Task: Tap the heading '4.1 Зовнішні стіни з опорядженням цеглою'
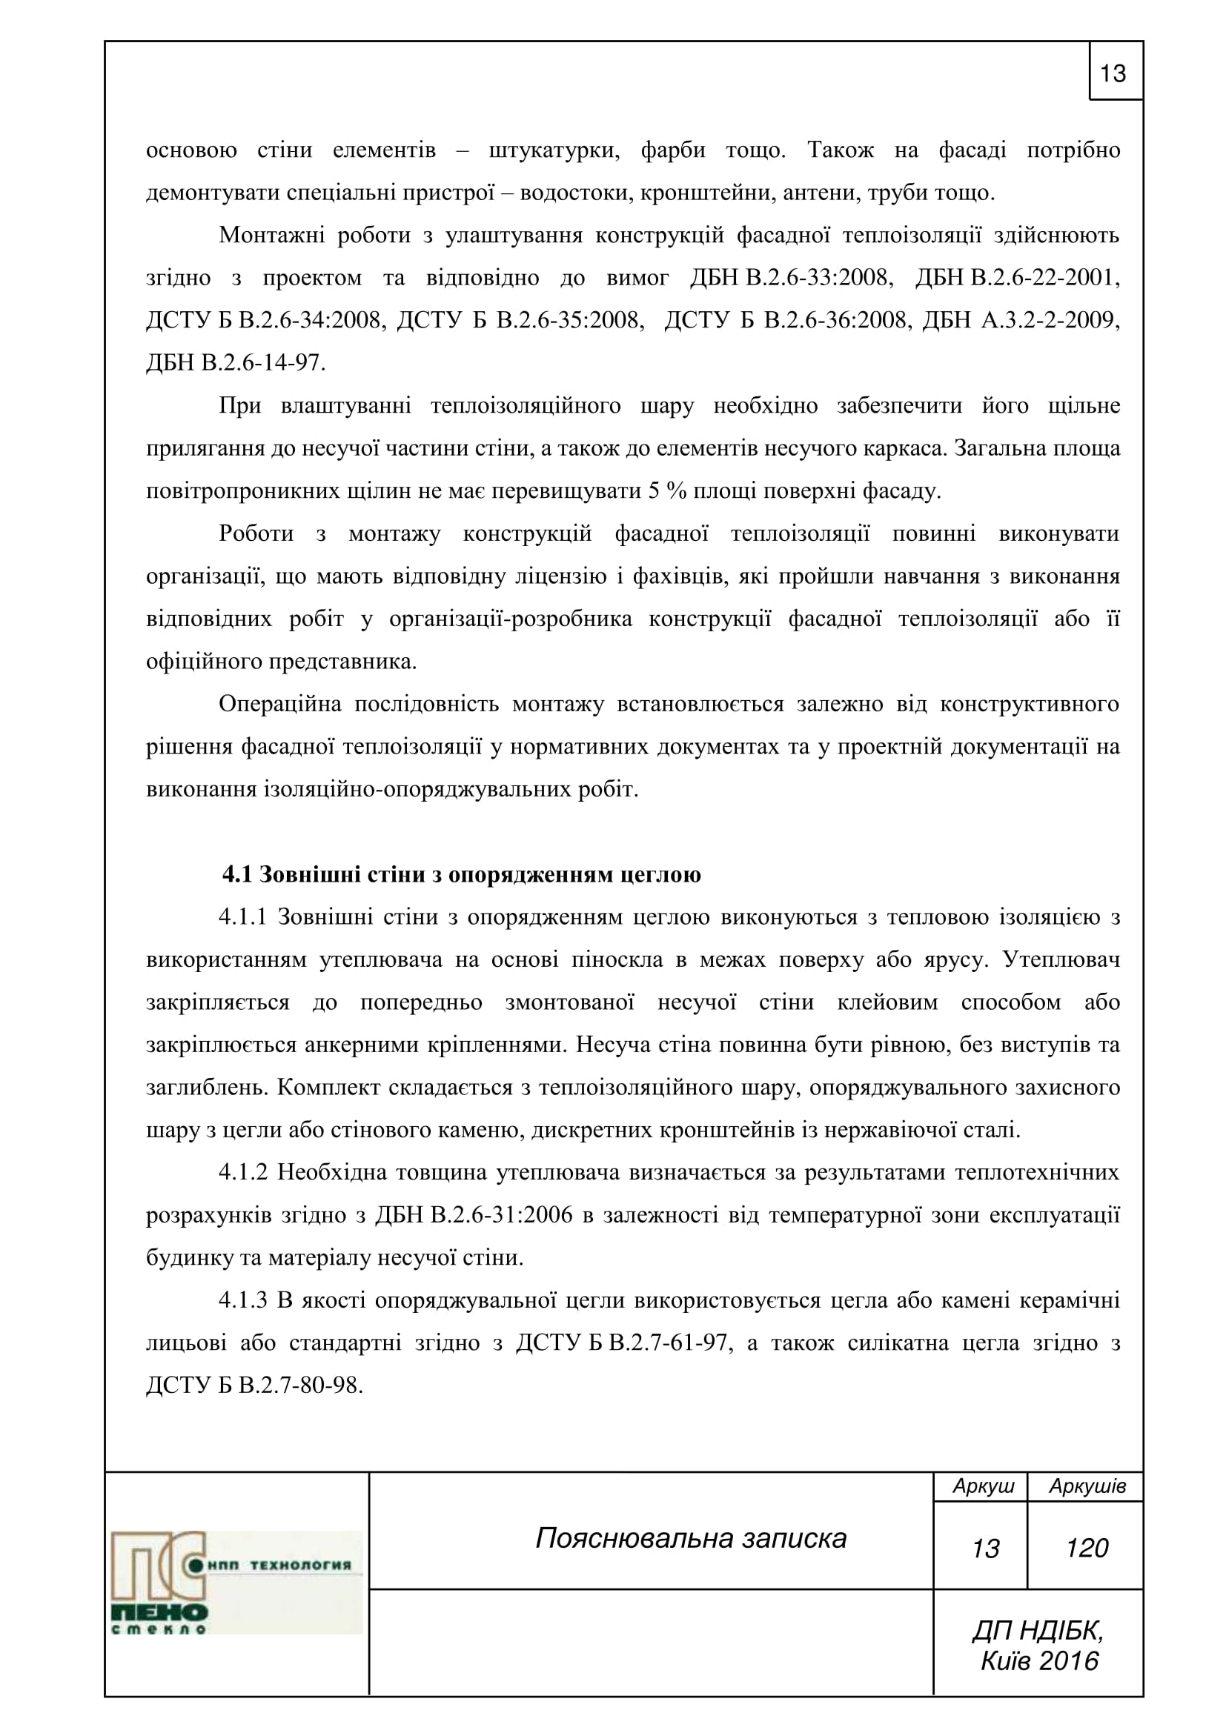461,875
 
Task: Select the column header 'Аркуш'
983,1486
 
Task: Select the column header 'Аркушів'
1087,1486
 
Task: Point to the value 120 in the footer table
1087,1548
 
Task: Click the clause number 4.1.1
243,918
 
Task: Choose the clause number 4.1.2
243,1173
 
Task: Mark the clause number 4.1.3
243,1300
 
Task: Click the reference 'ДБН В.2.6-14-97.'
236,364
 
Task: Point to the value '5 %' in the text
666,491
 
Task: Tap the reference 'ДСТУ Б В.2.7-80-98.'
254,1386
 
